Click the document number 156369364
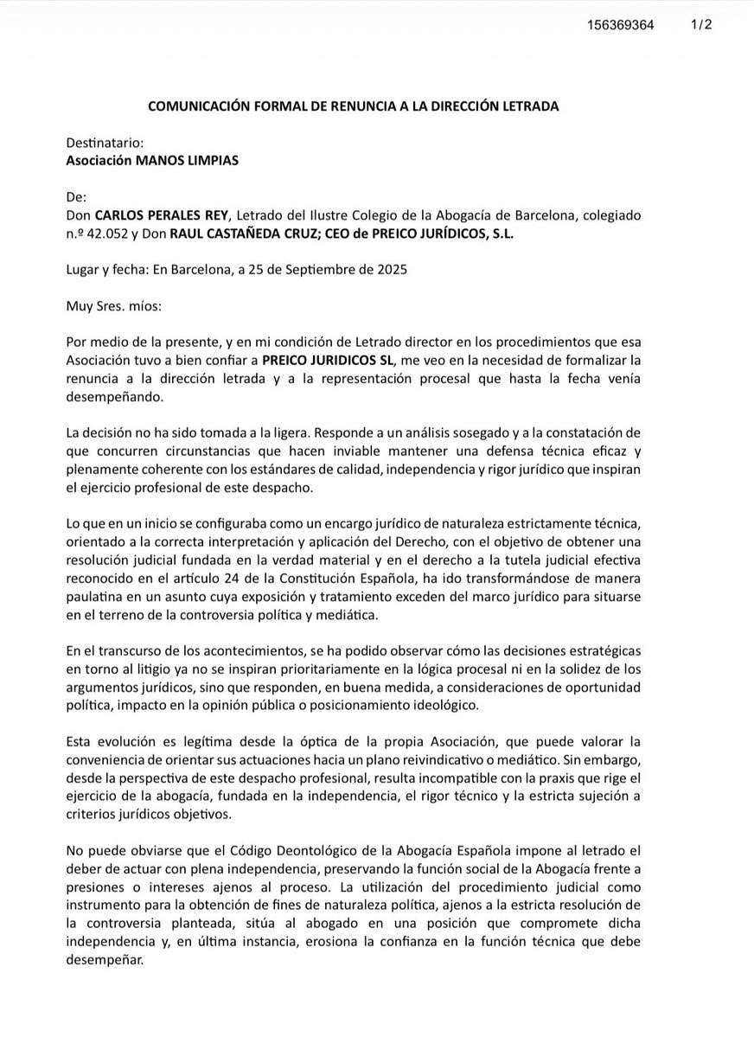pos(620,26)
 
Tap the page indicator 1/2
pos(700,25)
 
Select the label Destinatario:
pos(105,143)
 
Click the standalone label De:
pos(77,196)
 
